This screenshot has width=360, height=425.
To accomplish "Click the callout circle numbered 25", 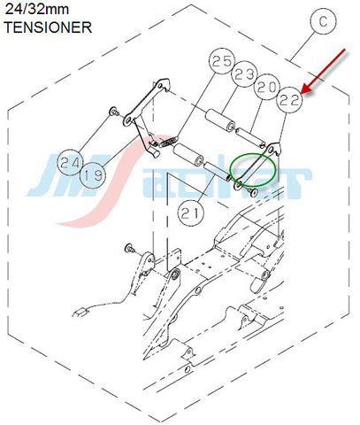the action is tap(222, 60).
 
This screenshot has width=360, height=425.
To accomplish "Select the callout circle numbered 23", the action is tap(244, 73).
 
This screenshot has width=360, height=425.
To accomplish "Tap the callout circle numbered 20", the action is tap(267, 87).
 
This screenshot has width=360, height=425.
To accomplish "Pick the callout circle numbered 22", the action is tap(289, 100).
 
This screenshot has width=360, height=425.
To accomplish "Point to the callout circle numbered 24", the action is tap(71, 162).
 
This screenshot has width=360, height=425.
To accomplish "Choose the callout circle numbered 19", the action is tap(93, 176).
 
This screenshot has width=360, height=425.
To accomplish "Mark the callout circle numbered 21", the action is tap(191, 213).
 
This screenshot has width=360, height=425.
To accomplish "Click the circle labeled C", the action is tap(324, 21).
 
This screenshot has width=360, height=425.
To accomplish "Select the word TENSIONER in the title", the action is tap(48, 27).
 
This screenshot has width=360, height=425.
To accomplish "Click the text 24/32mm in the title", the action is tap(37, 10).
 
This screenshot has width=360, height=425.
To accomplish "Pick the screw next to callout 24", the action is tap(114, 112).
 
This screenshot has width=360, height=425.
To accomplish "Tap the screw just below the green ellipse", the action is tap(252, 192).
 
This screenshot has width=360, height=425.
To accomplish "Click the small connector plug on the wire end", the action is tap(80, 312).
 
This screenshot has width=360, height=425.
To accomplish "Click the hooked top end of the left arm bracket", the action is tap(163, 84).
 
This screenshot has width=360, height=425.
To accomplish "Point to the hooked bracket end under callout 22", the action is tap(274, 148).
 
